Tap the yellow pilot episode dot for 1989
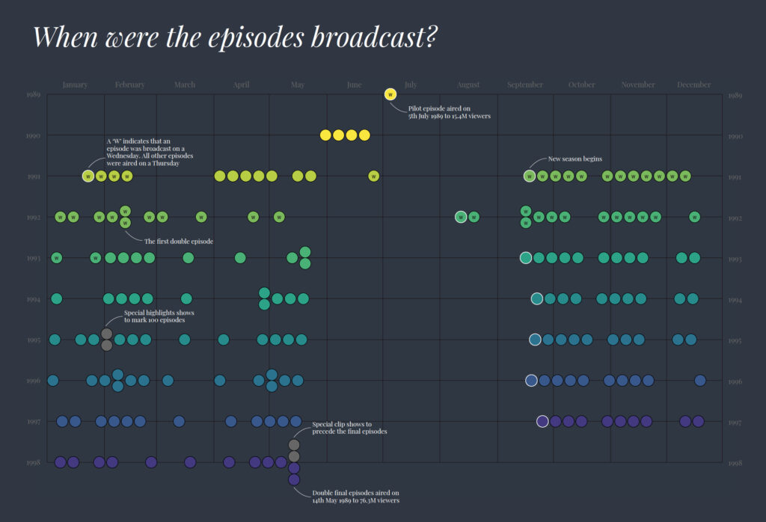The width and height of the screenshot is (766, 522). click(x=390, y=94)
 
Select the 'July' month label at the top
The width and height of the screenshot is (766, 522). click(x=411, y=85)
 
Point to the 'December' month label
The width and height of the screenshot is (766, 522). click(x=694, y=85)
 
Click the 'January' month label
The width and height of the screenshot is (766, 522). click(x=75, y=85)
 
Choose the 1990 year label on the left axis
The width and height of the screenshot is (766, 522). click(x=33, y=136)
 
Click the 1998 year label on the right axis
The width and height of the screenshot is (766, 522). click(x=735, y=463)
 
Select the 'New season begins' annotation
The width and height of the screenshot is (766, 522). click(x=574, y=159)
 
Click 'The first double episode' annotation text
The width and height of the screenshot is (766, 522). click(x=179, y=242)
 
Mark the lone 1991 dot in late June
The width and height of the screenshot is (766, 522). click(x=374, y=176)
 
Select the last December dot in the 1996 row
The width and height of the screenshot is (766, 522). click(x=700, y=381)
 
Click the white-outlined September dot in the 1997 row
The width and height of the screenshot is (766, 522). click(x=542, y=421)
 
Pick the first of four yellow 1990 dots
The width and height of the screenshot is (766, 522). click(x=325, y=135)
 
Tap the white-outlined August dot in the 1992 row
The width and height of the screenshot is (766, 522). click(x=461, y=218)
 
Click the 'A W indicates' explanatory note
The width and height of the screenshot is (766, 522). click(x=143, y=152)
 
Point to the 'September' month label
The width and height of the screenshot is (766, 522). click(x=525, y=85)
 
